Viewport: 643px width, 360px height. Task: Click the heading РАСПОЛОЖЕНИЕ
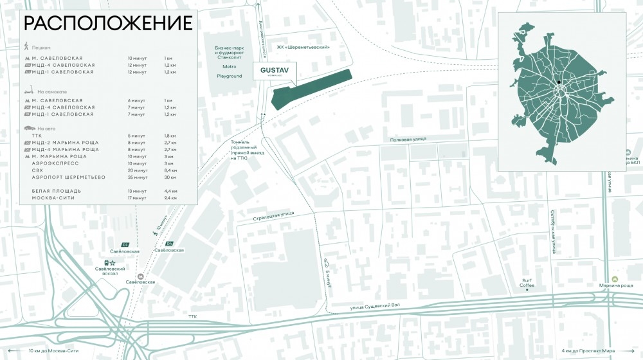tap(108, 24)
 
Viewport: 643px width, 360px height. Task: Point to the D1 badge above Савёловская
tap(125, 244)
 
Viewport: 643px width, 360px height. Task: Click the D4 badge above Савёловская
tap(170, 243)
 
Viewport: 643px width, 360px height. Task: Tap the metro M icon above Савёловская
tap(141, 276)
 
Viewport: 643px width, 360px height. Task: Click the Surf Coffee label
tap(527, 282)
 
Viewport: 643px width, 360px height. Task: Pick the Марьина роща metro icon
tap(615, 278)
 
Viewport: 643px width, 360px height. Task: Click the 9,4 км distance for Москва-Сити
tap(170, 198)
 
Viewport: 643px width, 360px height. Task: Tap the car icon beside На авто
tap(28, 129)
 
